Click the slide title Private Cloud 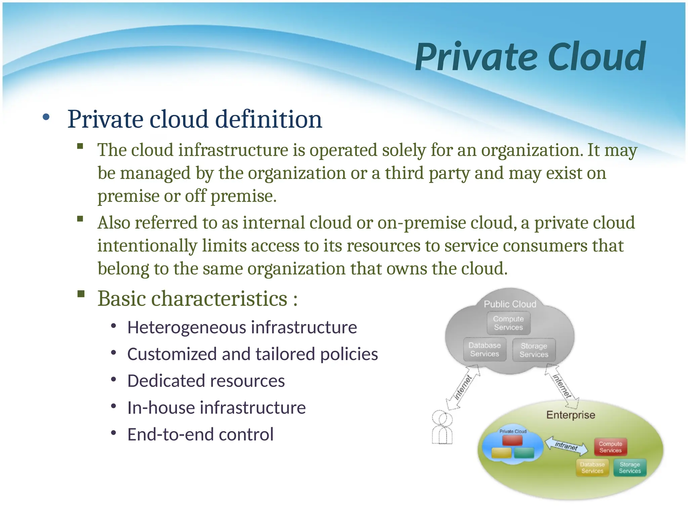[530, 57]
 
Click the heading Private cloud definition [195, 119]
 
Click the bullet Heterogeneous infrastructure [242, 328]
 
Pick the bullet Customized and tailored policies [253, 354]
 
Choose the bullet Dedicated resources [206, 381]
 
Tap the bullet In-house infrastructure [216, 408]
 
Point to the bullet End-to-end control [200, 435]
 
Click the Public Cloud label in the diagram [510, 304]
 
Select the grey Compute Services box [509, 323]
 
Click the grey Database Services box [484, 350]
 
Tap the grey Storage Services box [534, 350]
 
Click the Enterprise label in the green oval [571, 415]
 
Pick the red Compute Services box [610, 447]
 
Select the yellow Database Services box [592, 468]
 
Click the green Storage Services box [630, 468]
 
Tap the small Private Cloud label [513, 431]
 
